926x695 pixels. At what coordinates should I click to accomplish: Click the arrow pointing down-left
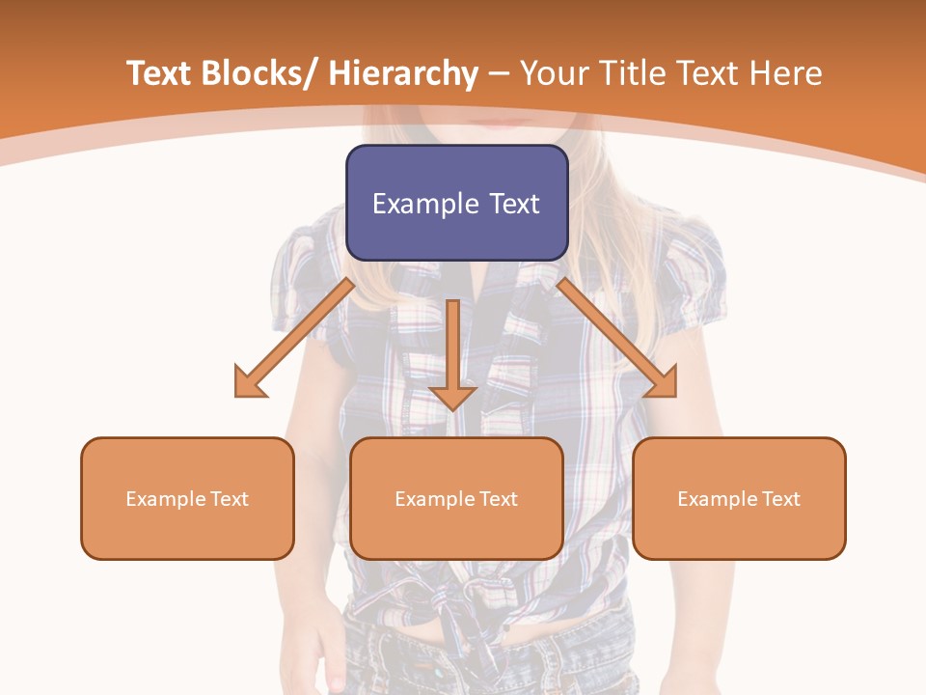click(x=294, y=338)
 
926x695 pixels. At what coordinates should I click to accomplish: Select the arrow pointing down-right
click(x=616, y=338)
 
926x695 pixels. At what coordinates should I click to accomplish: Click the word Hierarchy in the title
click(x=403, y=74)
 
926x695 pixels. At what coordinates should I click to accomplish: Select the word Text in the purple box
click(x=514, y=204)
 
